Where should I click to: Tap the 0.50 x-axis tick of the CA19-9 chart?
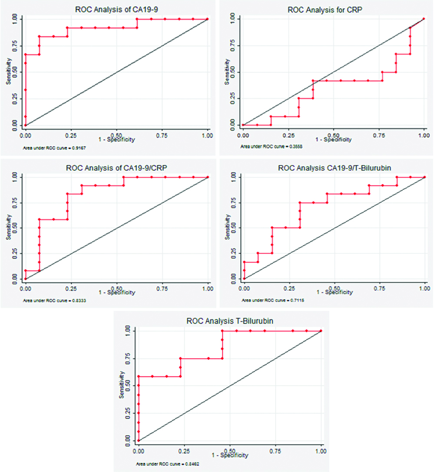(x=116, y=136)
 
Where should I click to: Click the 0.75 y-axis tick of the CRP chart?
(x=232, y=45)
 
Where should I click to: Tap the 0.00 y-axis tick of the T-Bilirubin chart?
(x=127, y=441)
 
